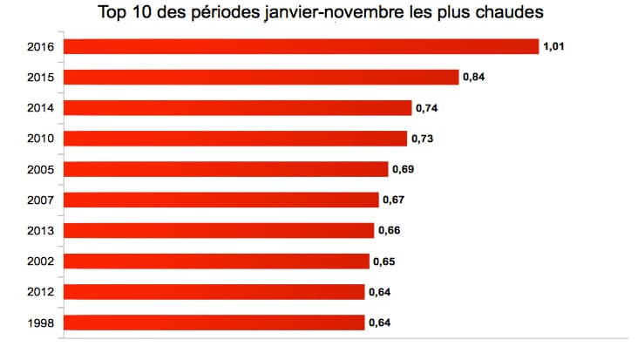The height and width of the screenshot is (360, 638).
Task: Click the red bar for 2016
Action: pyautogui.click(x=302, y=46)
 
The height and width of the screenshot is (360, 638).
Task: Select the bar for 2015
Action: pyautogui.click(x=262, y=77)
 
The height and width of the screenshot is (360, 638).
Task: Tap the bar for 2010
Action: pyautogui.click(x=236, y=139)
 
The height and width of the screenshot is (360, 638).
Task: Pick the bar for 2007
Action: pyautogui.click(x=222, y=200)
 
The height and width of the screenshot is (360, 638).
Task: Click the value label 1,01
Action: pyautogui.click(x=555, y=46)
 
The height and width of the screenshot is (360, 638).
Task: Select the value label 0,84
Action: pyautogui.click(x=474, y=77)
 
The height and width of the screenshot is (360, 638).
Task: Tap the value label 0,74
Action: pyautogui.click(x=426, y=108)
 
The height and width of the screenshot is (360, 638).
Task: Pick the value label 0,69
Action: pyautogui.click(x=403, y=169)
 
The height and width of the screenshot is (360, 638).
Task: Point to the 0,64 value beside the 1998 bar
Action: pyautogui.click(x=379, y=323)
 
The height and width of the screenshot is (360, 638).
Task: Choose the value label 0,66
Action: pyautogui.click(x=389, y=230)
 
